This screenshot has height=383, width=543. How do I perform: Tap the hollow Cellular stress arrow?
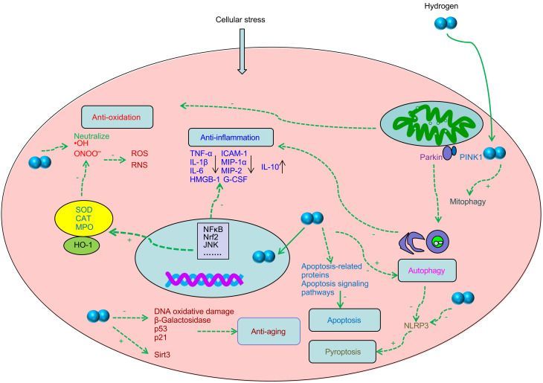point(241,59)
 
